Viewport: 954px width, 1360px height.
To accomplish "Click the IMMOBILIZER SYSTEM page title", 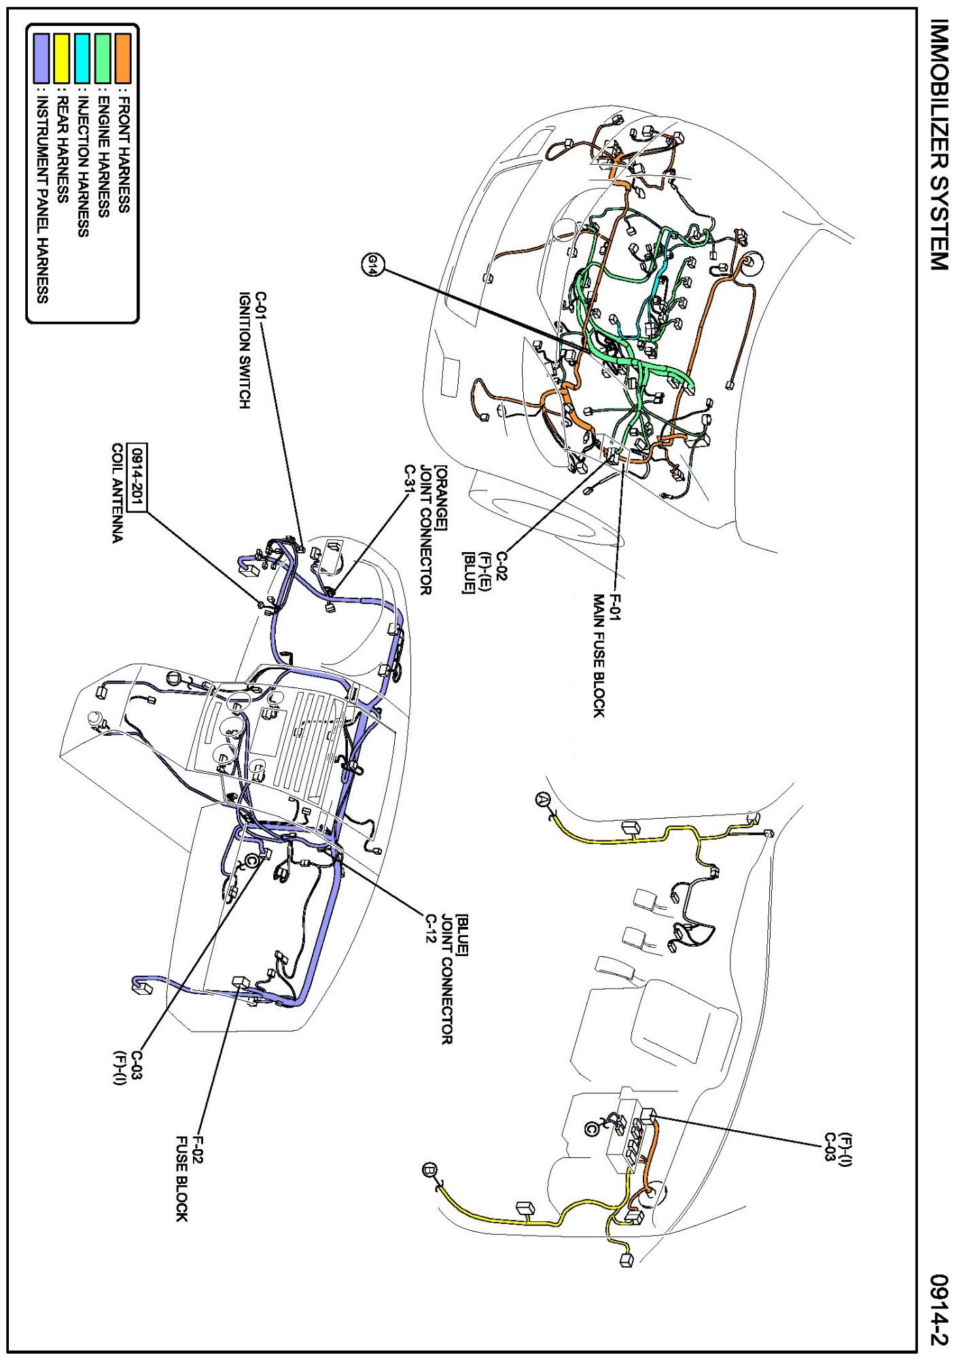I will pos(938,144).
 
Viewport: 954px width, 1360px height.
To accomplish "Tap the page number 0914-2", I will pos(939,1310).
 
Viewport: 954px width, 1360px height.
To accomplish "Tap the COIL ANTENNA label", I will pos(118,493).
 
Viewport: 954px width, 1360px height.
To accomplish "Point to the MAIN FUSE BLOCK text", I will pos(598,656).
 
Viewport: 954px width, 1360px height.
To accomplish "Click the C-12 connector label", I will pos(431,928).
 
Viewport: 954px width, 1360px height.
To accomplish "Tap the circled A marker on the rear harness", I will pos(542,799).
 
